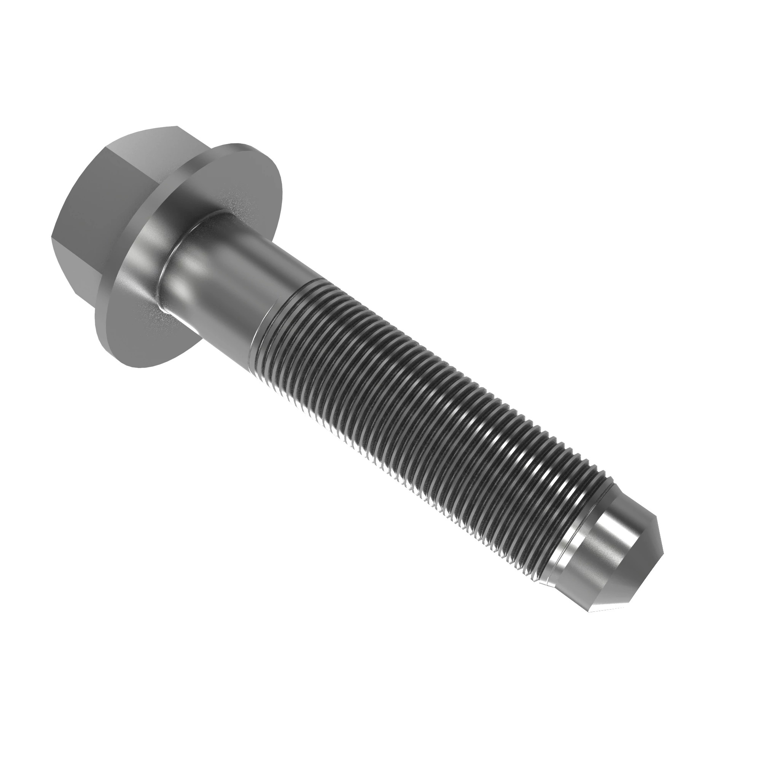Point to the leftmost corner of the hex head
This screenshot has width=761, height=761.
51,238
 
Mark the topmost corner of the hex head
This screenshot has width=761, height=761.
175,126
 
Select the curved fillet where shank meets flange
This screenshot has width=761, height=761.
173,252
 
